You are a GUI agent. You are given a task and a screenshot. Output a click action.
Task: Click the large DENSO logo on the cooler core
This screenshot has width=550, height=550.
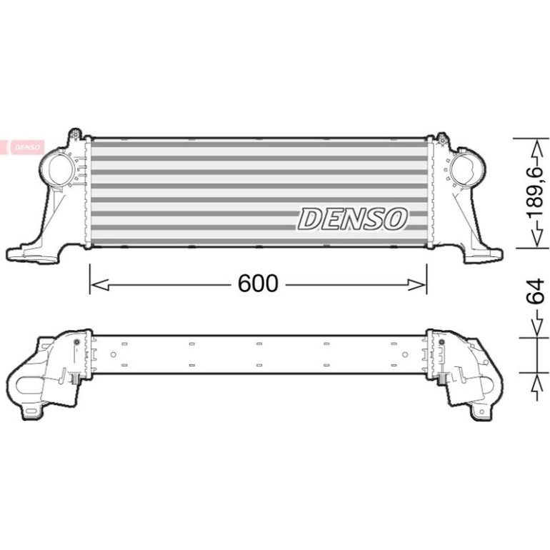point(353,219)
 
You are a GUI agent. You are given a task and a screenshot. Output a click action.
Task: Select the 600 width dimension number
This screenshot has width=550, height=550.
point(258,284)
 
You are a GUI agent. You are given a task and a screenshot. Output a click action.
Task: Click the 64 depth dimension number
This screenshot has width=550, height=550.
point(536,291)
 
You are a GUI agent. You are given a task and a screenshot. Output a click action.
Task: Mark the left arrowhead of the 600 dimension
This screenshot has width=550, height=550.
point(99,284)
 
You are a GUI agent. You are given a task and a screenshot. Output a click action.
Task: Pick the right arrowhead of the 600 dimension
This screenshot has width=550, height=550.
point(417,284)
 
